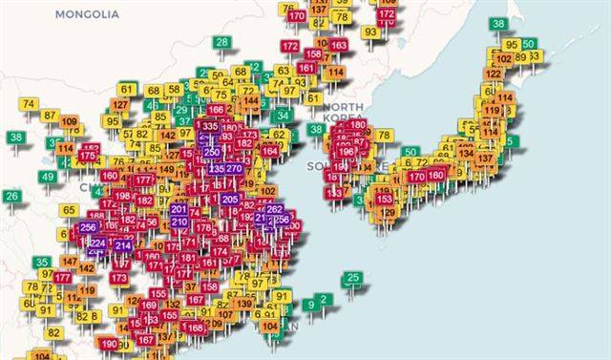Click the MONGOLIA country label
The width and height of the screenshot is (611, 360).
[x=87, y=14]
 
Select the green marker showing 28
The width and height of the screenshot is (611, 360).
[x=221, y=42]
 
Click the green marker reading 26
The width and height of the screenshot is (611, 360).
[x=11, y=196]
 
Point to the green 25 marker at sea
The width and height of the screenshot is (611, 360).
[x=352, y=278]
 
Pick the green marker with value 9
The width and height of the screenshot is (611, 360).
[x=309, y=304]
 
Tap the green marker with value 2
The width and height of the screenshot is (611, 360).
[x=325, y=300]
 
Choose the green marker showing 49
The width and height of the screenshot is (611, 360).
[x=49, y=177]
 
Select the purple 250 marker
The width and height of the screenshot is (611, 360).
[x=212, y=152]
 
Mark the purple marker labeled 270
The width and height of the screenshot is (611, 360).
[x=235, y=168]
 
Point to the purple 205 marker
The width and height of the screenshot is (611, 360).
[x=229, y=199]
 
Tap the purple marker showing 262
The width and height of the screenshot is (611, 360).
[x=274, y=208]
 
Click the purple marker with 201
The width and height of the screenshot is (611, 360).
[x=179, y=209]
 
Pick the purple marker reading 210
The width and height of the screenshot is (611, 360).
[x=179, y=222]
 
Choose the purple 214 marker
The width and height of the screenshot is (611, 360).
[x=122, y=244]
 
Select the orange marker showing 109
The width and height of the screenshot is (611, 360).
[x=70, y=121]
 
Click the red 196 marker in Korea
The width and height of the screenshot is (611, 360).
[x=346, y=151]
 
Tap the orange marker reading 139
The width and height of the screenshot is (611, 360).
[x=244, y=304]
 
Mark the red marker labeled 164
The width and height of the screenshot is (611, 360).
[x=270, y=150]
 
